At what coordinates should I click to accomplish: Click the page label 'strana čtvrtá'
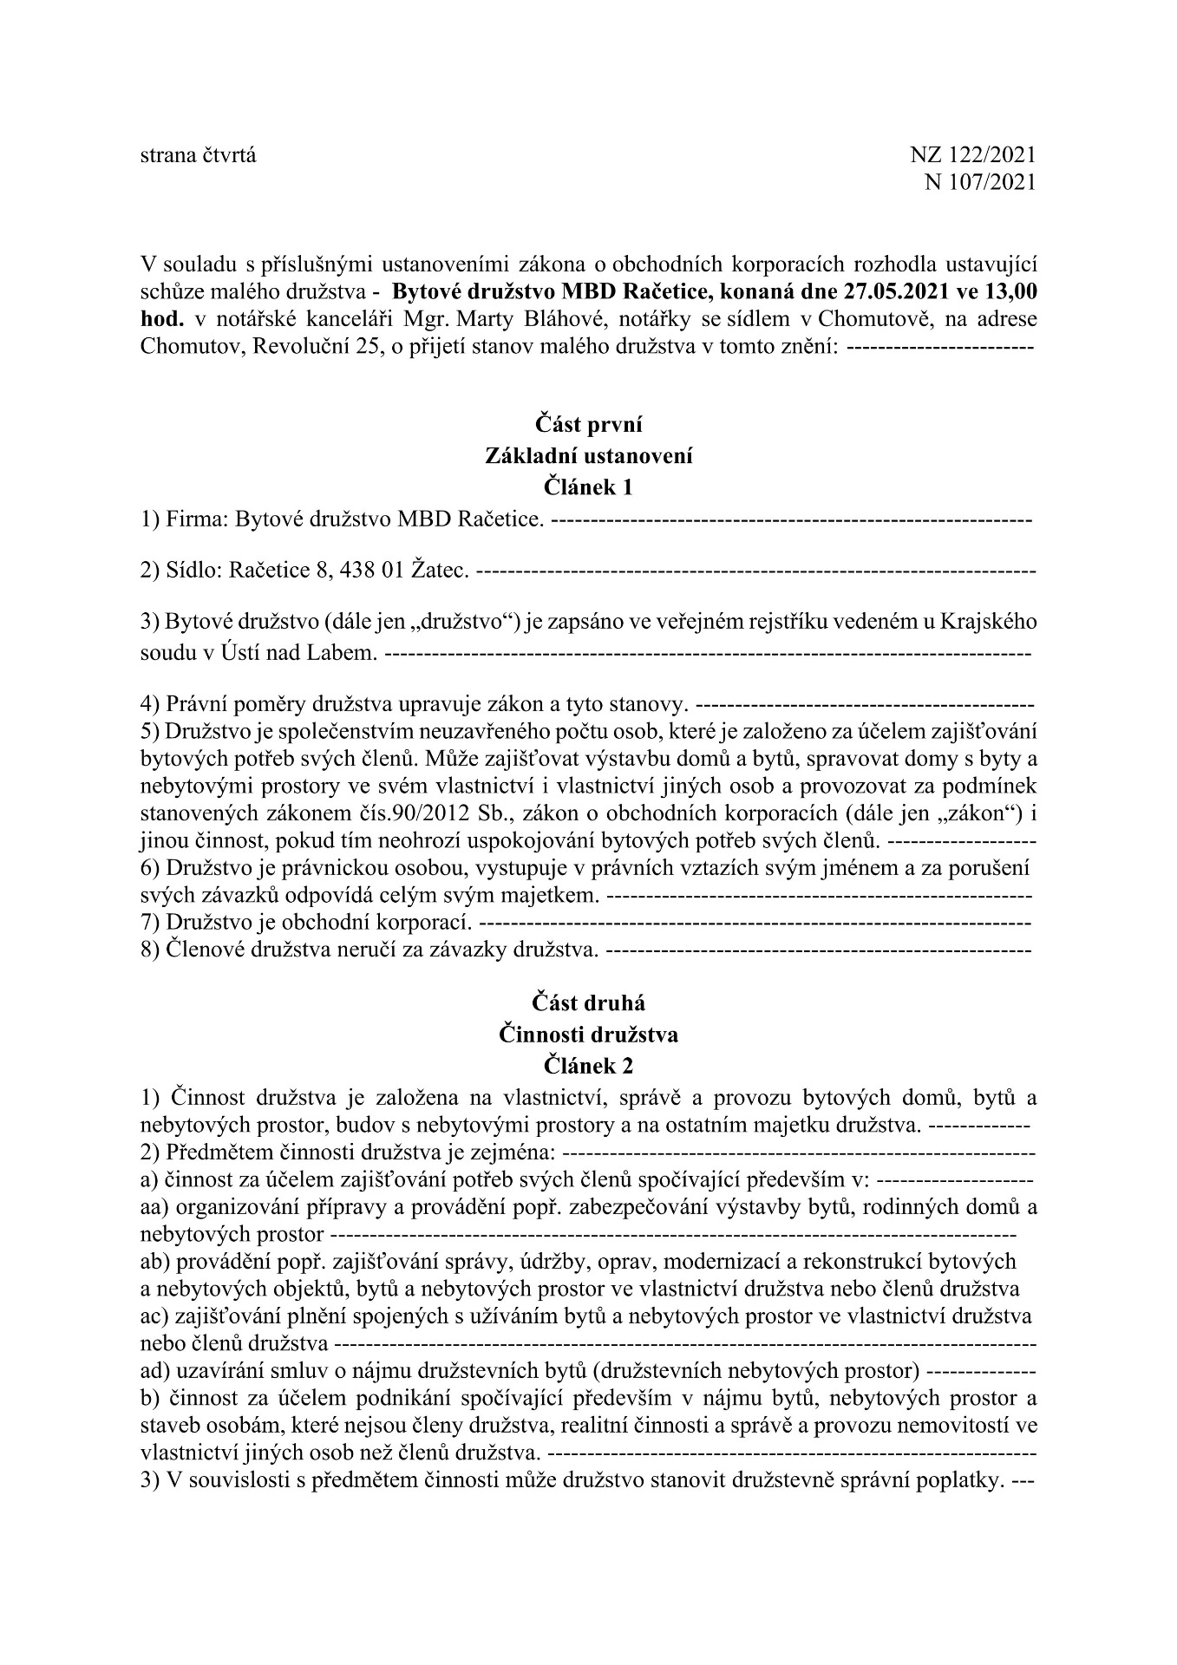pyautogui.click(x=198, y=155)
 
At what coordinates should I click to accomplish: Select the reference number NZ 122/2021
pyautogui.click(x=972, y=155)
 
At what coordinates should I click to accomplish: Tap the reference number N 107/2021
pyautogui.click(x=981, y=182)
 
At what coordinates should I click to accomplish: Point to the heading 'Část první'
pyautogui.click(x=588, y=425)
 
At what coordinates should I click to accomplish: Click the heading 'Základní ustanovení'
pyautogui.click(x=588, y=456)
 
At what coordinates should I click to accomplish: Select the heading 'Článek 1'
pyautogui.click(x=588, y=486)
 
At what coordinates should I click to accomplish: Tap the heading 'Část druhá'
pyautogui.click(x=588, y=1003)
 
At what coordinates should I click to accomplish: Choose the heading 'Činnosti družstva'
pyautogui.click(x=588, y=1034)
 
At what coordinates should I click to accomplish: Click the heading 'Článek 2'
pyautogui.click(x=588, y=1064)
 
